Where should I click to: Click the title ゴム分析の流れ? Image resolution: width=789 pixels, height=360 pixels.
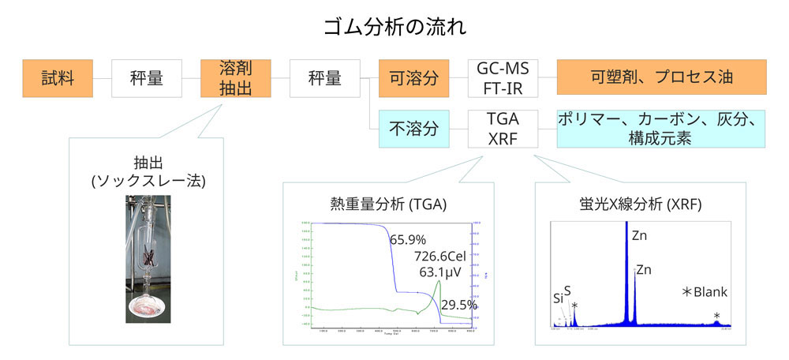tap(394, 27)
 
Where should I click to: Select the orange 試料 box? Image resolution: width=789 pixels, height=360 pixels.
tap(58, 77)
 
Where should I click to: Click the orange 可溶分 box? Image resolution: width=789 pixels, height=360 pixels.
tap(413, 77)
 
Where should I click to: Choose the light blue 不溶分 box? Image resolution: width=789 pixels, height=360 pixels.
tap(413, 128)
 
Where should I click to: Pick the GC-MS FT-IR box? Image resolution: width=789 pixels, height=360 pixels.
tap(503, 77)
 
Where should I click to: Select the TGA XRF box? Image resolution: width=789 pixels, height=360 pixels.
tap(503, 128)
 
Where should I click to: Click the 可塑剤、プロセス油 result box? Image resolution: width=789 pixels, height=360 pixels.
tap(661, 77)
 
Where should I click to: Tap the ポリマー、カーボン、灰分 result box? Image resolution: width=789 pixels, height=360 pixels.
tap(661, 128)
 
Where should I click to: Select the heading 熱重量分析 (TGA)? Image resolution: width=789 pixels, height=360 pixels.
tap(388, 204)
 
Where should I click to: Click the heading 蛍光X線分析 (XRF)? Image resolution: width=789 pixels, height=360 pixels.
tap(640, 204)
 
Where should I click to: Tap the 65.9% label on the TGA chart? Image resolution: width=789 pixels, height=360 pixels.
tap(407, 238)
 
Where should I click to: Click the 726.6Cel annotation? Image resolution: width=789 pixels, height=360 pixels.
tap(447, 257)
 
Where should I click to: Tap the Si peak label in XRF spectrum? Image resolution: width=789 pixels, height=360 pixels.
tap(558, 298)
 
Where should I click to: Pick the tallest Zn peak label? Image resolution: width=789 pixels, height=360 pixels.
tap(640, 234)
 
